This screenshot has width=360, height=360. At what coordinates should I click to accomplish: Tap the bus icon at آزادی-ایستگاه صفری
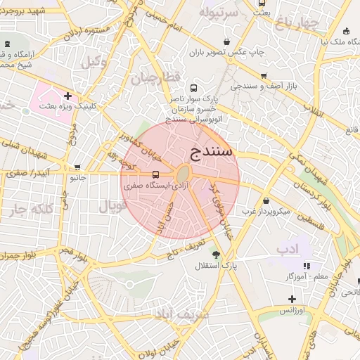tap(155, 174)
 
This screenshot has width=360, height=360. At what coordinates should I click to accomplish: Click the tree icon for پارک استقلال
tap(216, 255)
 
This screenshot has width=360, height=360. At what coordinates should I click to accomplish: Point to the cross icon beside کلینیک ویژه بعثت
tap(67, 96)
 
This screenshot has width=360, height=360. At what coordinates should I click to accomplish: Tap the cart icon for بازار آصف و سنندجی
tap(264, 75)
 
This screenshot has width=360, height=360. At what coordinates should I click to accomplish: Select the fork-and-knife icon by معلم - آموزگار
tap(307, 266)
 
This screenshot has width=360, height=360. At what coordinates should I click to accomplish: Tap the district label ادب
tap(288, 249)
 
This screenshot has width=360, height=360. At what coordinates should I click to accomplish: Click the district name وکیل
tap(96, 62)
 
